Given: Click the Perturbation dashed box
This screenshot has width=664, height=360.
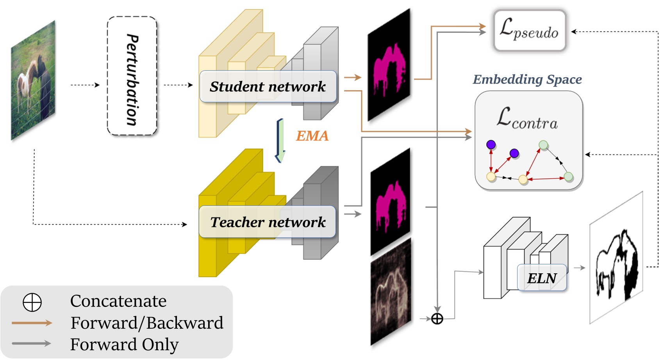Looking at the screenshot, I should pos(132,76).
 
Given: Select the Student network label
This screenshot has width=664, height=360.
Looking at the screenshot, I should pos(268,87).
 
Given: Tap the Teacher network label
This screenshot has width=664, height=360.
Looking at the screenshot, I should pos(268,222).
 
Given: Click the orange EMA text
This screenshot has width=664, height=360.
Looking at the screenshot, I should pos(312,136).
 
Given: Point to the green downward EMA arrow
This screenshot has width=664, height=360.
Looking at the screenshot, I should pos(280,141).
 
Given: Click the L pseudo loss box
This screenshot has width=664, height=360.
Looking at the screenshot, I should pos(529,30).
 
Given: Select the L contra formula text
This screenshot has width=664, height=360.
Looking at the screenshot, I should pos(527,118).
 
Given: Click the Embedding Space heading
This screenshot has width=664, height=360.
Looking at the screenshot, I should pos(527,80).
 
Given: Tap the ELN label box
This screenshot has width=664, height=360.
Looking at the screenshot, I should pos(542,278).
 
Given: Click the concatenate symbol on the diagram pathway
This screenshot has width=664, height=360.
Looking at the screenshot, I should pos(437,319).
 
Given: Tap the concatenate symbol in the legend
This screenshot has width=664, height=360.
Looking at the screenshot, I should pos(32,302).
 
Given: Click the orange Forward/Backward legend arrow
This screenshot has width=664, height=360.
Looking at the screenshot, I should pos(32,323).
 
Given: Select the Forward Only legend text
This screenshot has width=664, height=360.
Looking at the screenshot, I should pos(124,344).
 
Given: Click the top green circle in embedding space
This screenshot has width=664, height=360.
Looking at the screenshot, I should pos(543,145).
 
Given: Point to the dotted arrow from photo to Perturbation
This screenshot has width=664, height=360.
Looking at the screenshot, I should pos(85,85).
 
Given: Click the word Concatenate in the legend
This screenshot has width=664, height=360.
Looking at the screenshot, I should pos(118,301).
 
